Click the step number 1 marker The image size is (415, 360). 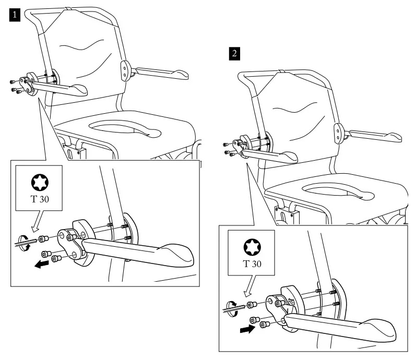click(16, 16)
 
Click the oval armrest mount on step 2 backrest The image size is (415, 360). click(339, 132)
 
